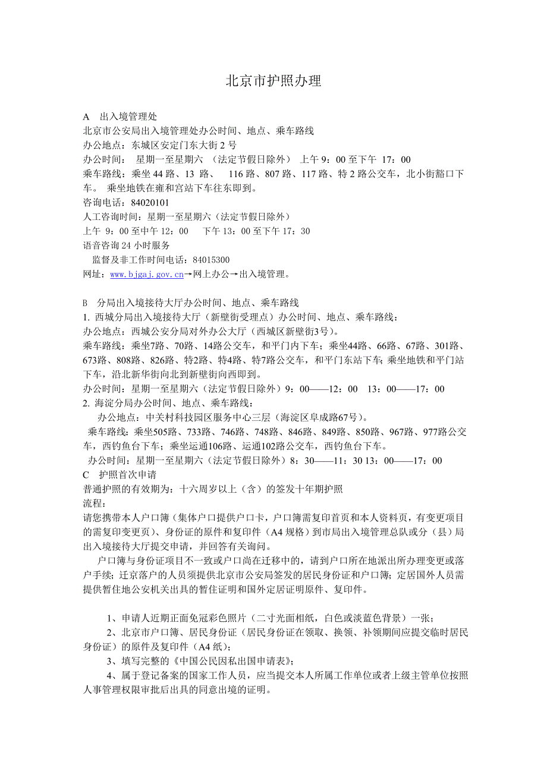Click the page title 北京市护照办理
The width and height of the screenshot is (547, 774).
tap(273, 81)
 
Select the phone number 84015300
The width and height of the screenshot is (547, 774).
tap(209, 260)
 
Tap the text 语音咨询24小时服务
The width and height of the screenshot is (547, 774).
tap(126, 246)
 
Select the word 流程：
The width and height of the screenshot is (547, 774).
tap(95, 504)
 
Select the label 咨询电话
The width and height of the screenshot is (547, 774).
tap(100, 203)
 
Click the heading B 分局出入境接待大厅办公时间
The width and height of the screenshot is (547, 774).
tap(190, 303)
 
